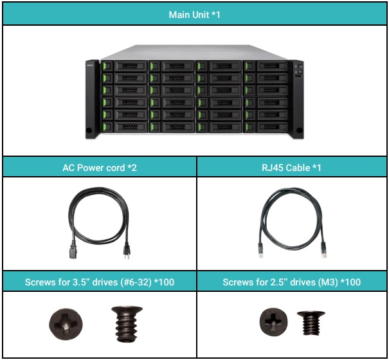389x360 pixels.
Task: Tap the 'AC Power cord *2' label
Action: [x=100, y=167]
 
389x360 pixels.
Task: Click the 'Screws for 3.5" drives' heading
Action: [x=100, y=282]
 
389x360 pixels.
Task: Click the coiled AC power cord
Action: [x=96, y=215]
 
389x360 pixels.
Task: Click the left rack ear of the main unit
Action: [x=91, y=100]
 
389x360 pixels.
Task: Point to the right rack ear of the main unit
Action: [x=297, y=100]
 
